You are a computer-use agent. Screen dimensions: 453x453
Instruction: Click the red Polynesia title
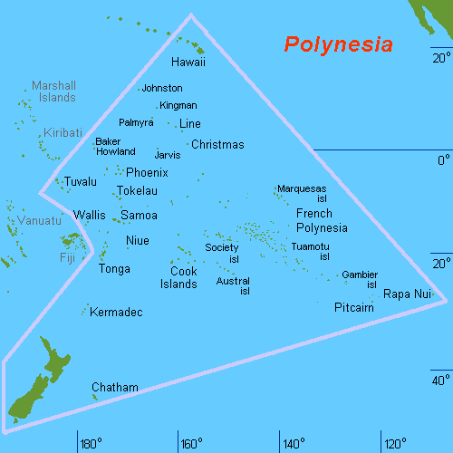pyautogui.click(x=338, y=44)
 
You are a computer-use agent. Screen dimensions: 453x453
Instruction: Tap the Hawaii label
pyautogui.click(x=188, y=63)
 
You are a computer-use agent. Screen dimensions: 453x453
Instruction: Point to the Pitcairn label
pyautogui.click(x=354, y=308)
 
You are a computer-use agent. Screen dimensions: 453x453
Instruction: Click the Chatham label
pyautogui.click(x=115, y=388)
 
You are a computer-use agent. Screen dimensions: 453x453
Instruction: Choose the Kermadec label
pyautogui.click(x=117, y=313)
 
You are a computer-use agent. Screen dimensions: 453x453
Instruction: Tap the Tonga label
pyautogui.click(x=114, y=269)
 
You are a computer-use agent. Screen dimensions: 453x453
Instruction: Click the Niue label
pyautogui.click(x=138, y=241)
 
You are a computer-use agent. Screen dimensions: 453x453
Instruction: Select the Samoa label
pyautogui.click(x=139, y=216)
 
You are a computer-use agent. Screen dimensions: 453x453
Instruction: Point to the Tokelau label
pyautogui.click(x=137, y=191)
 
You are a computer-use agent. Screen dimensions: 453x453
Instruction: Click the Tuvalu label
pyautogui.click(x=80, y=182)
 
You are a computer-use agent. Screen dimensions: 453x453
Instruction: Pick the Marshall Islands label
pyautogui.click(x=53, y=92)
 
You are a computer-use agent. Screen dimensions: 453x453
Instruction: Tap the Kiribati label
pyautogui.click(x=62, y=132)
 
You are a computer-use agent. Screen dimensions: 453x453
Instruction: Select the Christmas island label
pyautogui.click(x=218, y=145)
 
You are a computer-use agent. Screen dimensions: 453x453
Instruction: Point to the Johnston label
pyautogui.click(x=162, y=88)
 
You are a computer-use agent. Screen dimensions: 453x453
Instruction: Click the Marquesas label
pyautogui.click(x=302, y=188)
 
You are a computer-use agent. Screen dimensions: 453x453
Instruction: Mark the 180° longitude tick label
pyautogui.click(x=91, y=444)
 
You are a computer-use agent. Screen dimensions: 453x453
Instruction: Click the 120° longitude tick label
pyautogui.click(x=395, y=444)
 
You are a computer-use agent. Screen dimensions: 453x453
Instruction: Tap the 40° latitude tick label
pyautogui.click(x=440, y=380)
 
